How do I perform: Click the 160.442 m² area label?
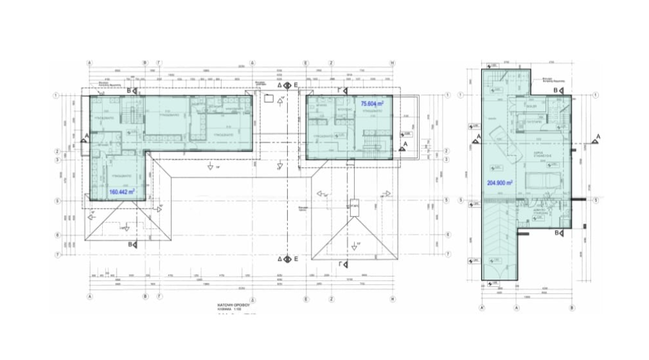[x=121, y=192]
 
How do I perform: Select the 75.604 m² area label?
[x=372, y=104]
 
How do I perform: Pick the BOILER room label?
[x=532, y=106]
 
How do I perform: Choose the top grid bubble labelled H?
[x=392, y=63]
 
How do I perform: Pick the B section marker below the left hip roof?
[x=132, y=245]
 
